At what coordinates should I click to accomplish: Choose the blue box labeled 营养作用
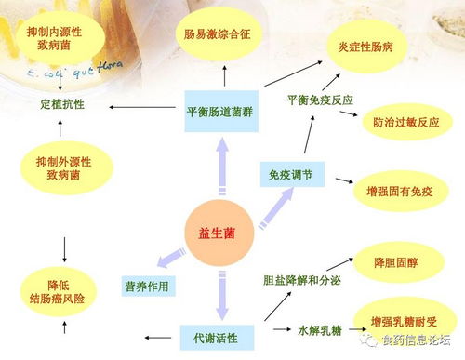[147, 285]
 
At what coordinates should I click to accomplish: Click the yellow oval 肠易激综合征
[221, 35]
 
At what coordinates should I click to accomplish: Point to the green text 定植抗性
[63, 104]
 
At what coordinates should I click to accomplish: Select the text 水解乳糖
[315, 329]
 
